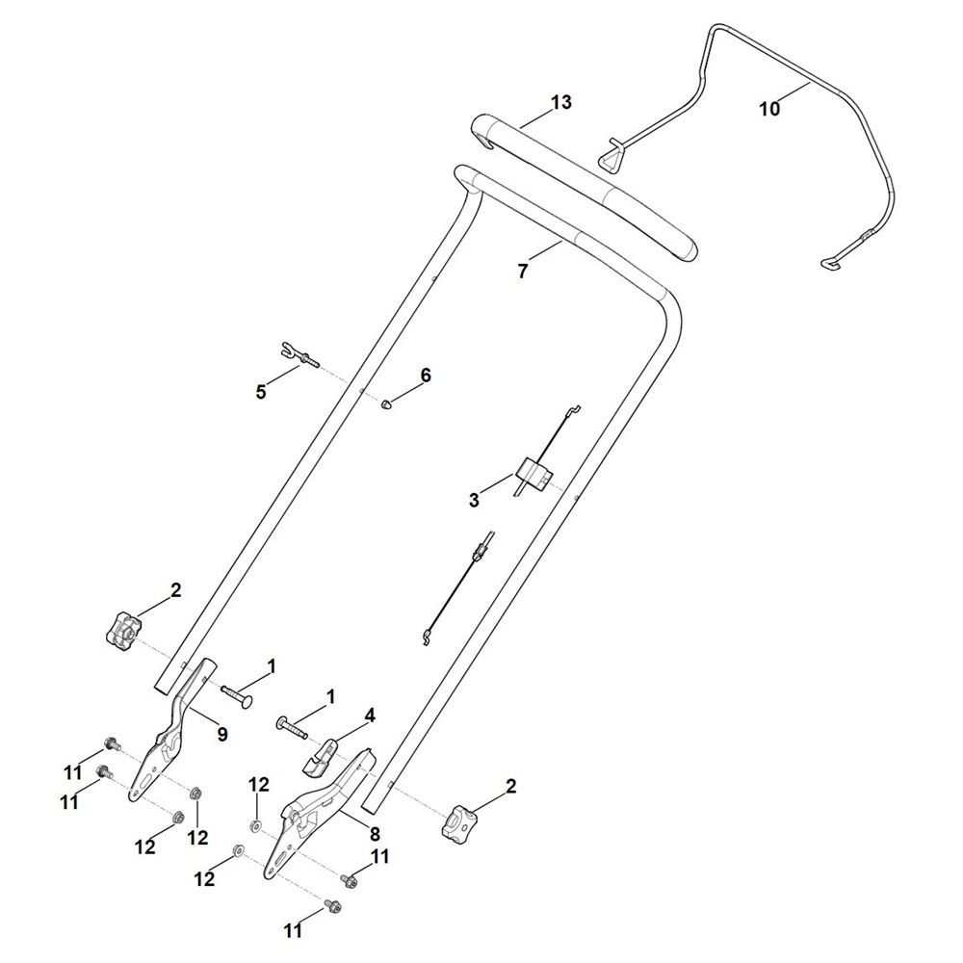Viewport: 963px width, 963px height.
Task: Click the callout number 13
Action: pos(560,102)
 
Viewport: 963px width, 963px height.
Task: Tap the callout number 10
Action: pos(769,109)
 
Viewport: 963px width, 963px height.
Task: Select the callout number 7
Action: pos(523,271)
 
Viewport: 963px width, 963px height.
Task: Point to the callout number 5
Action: pos(261,392)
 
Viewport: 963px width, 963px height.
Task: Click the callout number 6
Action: pos(426,375)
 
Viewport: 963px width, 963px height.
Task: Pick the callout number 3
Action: pos(474,500)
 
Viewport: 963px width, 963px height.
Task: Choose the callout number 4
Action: pos(370,716)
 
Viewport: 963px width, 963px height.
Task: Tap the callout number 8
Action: pos(375,833)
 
